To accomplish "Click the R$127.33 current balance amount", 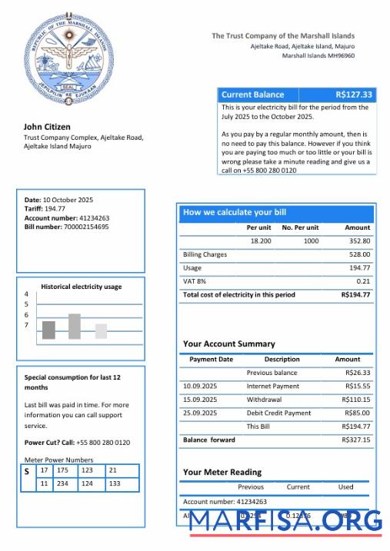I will pyautogui.click(x=355, y=95).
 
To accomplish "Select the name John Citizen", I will pyautogui.click(x=47, y=126).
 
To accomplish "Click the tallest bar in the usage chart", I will pyautogui.click(x=75, y=326).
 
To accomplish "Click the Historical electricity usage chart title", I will pyautogui.click(x=81, y=287).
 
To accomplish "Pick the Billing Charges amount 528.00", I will pyautogui.click(x=359, y=254).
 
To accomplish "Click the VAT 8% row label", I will pyautogui.click(x=195, y=281).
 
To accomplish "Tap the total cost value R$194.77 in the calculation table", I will pyautogui.click(x=355, y=295).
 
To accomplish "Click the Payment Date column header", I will pyautogui.click(x=211, y=359).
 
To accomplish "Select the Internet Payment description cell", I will pyautogui.click(x=272, y=386).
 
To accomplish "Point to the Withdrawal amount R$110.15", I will pyautogui.click(x=355, y=400).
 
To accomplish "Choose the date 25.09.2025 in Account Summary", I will pyautogui.click(x=200, y=413).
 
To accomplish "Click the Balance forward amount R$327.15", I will pyautogui.click(x=355, y=440).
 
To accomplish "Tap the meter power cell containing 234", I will pyautogui.click(x=62, y=484).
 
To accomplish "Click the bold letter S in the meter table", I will pyautogui.click(x=27, y=471).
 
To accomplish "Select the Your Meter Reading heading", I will pyautogui.click(x=222, y=473).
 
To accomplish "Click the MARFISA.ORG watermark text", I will pyautogui.click(x=285, y=521).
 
